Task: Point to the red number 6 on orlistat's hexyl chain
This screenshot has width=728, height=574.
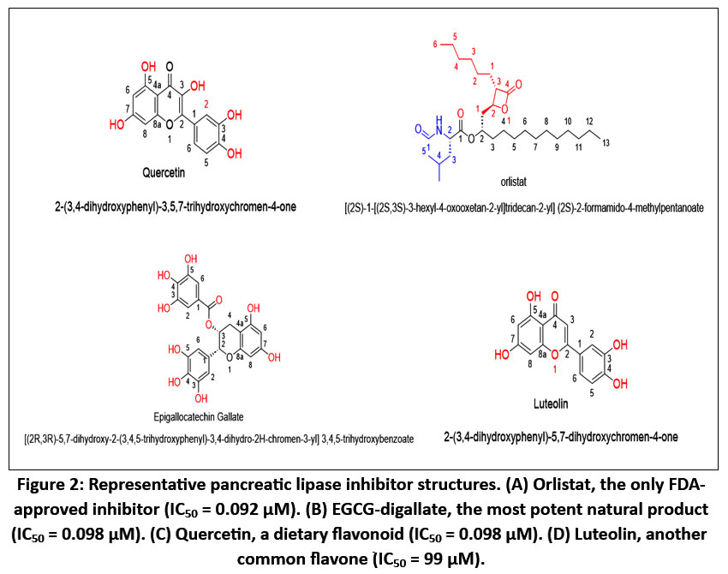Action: point(435,44)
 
